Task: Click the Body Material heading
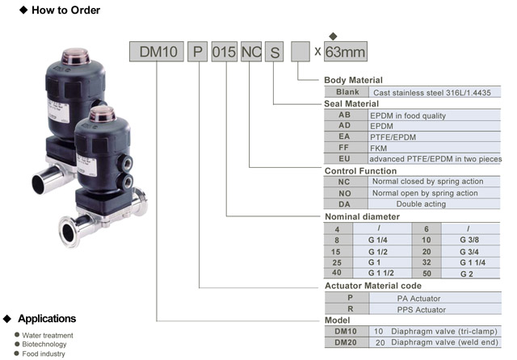(353, 80)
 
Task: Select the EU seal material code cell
(344, 159)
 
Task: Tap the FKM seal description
(380, 149)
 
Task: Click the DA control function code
(344, 204)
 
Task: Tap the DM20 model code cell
(345, 343)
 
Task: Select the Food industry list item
(44, 354)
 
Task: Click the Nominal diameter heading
(361, 217)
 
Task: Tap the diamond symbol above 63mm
(333, 36)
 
